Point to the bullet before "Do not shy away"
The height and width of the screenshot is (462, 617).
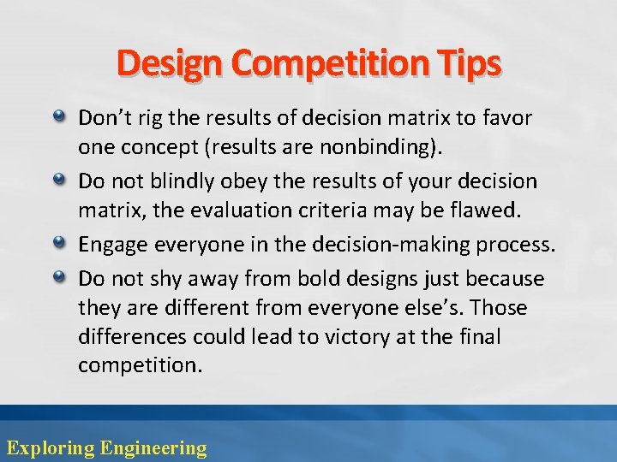pyautogui.click(x=60, y=276)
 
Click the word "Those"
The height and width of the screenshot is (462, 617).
pyautogui.click(x=499, y=307)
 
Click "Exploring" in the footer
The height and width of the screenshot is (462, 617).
pyautogui.click(x=50, y=447)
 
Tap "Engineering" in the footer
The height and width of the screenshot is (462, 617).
pyautogui.click(x=153, y=447)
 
